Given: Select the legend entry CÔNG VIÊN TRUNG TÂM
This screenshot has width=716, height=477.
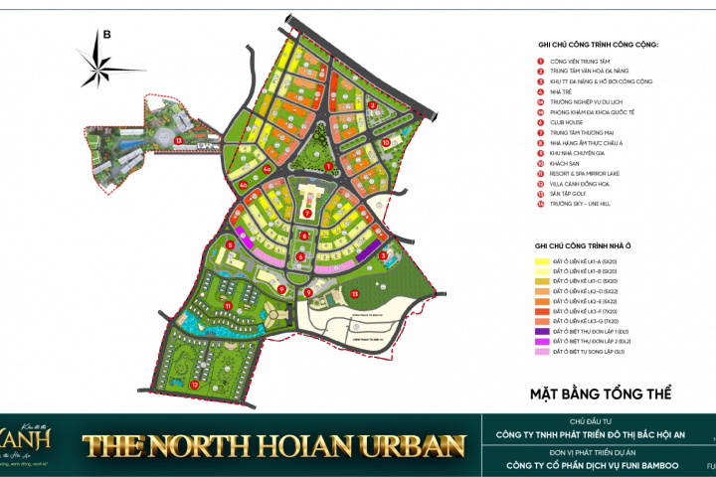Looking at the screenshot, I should (x=582, y=62).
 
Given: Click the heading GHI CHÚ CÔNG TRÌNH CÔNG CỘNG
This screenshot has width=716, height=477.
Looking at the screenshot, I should (x=598, y=45).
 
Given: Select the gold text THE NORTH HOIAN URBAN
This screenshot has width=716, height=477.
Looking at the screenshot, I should (x=274, y=443).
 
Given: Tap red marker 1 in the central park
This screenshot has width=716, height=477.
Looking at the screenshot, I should (x=328, y=166).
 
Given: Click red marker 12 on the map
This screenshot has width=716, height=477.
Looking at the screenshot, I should (x=195, y=384).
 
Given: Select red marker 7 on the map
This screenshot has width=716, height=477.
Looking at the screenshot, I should (x=308, y=213).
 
